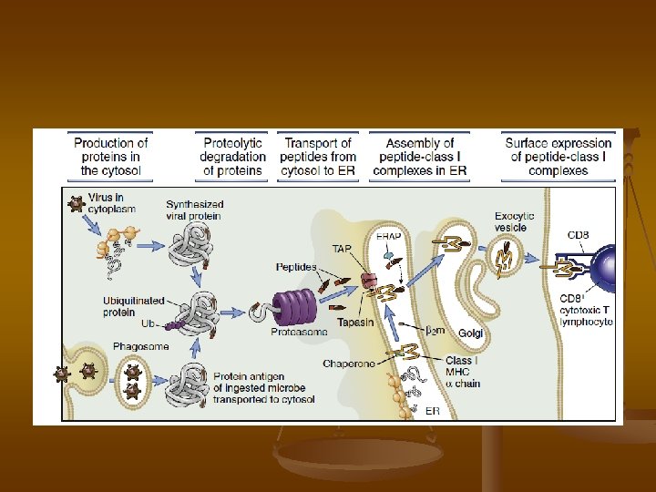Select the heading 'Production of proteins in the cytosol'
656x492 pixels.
[x=111, y=157]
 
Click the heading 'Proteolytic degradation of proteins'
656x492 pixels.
[x=232, y=157]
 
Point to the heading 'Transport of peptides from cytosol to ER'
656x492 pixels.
[x=318, y=157]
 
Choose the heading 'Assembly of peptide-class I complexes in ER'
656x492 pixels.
[x=420, y=157]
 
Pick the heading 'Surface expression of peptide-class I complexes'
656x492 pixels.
[x=558, y=157]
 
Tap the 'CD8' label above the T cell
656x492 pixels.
[x=578, y=235]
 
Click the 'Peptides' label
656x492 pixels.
[x=296, y=268]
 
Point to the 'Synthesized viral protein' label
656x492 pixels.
[x=194, y=210]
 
